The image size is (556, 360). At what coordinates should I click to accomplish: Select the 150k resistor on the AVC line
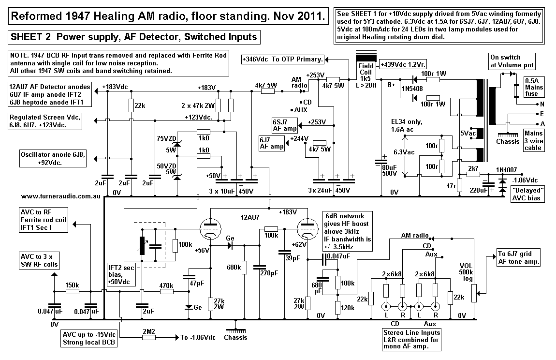point(72,291)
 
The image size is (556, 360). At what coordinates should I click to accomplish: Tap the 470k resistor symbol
point(166,291)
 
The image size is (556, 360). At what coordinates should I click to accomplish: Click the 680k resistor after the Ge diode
point(244,267)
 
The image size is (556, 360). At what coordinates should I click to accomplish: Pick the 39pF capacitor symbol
point(282,252)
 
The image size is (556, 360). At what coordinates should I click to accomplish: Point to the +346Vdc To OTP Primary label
point(282,60)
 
